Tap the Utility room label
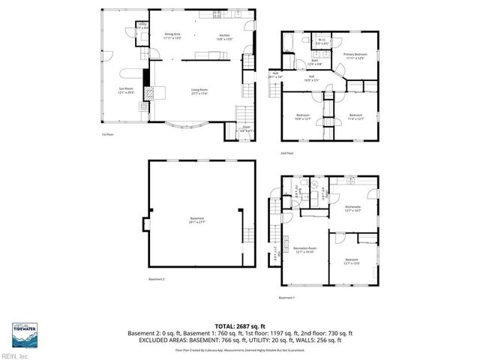(142, 26)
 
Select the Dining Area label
(173, 36)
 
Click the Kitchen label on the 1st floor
(224, 36)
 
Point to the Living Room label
(199, 91)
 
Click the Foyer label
(245, 128)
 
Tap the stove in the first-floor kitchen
(217, 13)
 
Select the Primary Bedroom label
(359, 56)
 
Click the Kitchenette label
(353, 208)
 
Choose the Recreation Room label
(304, 249)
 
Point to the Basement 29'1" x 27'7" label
(198, 220)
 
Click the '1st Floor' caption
(108, 135)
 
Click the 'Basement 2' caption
(156, 279)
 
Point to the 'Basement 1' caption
(287, 298)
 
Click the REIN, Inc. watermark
(15, 355)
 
